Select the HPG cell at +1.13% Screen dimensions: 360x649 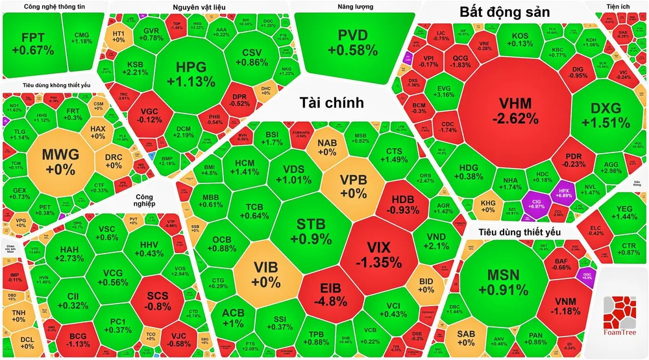(x=195, y=74)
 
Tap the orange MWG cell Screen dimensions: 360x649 (x=60, y=160)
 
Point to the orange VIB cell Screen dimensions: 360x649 (x=267, y=274)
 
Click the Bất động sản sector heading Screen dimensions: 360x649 (x=504, y=12)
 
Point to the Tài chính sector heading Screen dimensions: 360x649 (x=331, y=102)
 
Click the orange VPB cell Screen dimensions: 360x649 (x=354, y=187)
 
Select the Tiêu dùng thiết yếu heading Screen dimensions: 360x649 (x=520, y=232)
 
